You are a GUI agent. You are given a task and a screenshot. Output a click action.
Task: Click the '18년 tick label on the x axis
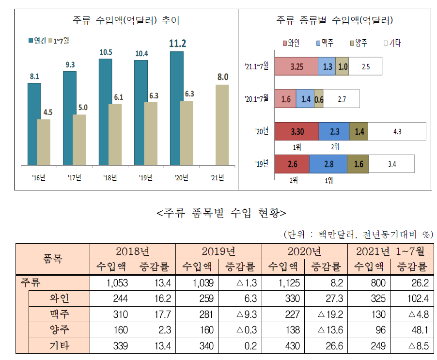tap(110, 177)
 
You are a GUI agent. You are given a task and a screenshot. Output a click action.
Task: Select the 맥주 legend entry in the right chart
tap(326, 43)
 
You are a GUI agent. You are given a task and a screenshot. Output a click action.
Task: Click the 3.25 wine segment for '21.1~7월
tap(296, 67)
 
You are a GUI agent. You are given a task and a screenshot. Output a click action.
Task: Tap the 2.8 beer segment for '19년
tap(328, 164)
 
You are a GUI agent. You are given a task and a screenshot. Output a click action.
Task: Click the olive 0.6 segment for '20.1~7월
tap(318, 98)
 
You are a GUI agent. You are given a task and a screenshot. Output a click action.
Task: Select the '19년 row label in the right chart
tap(262, 164)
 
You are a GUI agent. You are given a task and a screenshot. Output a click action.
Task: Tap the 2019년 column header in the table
tap(218, 251)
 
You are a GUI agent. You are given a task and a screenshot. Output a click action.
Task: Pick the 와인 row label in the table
tap(59, 298)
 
